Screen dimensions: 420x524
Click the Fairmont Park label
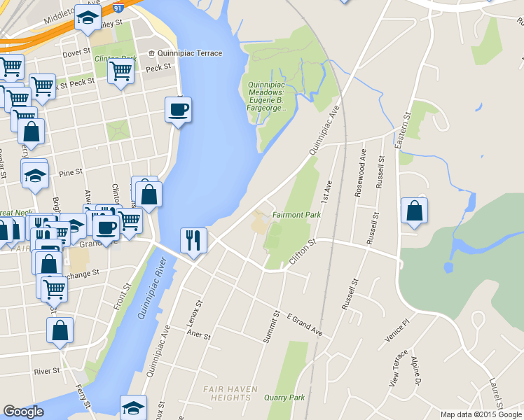pyautogui.click(x=296, y=215)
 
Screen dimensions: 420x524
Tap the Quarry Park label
pyautogui.click(x=285, y=398)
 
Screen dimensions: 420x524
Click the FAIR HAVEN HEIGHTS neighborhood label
pyautogui.click(x=231, y=393)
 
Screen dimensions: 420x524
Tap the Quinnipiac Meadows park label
pyautogui.click(x=267, y=96)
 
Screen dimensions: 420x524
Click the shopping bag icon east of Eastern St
pyautogui.click(x=415, y=211)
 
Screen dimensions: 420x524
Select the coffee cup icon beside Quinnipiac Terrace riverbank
pyautogui.click(x=179, y=111)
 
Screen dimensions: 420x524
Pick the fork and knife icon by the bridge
pyautogui.click(x=193, y=240)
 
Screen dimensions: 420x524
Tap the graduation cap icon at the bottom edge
pyautogui.click(x=133, y=407)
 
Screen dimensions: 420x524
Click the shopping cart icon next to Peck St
pyautogui.click(x=121, y=71)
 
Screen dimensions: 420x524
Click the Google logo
pyautogui.click(x=23, y=412)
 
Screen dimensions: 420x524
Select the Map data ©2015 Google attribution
pyautogui.click(x=481, y=414)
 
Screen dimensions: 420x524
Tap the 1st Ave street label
pyautogui.click(x=326, y=190)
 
